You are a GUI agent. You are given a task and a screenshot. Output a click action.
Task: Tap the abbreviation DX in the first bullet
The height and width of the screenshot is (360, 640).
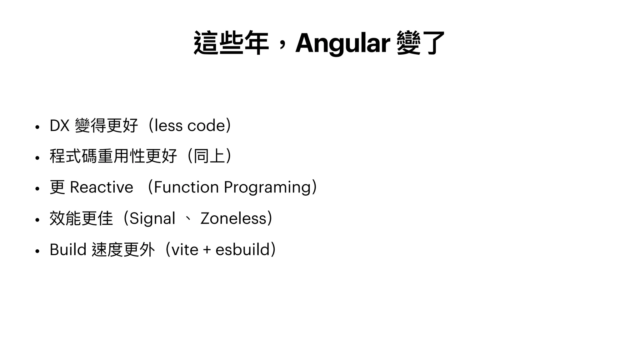tap(59, 126)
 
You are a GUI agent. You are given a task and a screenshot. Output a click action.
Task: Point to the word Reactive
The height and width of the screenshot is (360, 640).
tap(102, 187)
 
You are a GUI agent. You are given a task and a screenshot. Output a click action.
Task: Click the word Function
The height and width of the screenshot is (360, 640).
tap(186, 187)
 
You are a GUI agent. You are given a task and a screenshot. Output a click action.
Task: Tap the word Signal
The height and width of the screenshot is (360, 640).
tap(152, 219)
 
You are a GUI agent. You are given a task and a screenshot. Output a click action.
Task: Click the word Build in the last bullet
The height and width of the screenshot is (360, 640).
tap(68, 250)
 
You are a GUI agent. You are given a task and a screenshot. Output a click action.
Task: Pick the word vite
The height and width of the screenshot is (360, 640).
tap(185, 250)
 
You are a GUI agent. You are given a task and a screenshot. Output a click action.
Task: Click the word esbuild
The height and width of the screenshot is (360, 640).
tap(242, 250)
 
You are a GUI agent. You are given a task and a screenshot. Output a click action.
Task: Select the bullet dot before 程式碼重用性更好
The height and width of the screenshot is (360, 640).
tap(37, 158)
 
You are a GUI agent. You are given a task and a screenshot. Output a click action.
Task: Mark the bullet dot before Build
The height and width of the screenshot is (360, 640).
tap(37, 251)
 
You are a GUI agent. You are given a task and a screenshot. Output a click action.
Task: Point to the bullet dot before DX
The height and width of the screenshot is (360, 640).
tap(37, 127)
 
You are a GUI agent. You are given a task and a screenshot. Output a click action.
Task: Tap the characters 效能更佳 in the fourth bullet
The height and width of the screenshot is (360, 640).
tap(81, 218)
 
